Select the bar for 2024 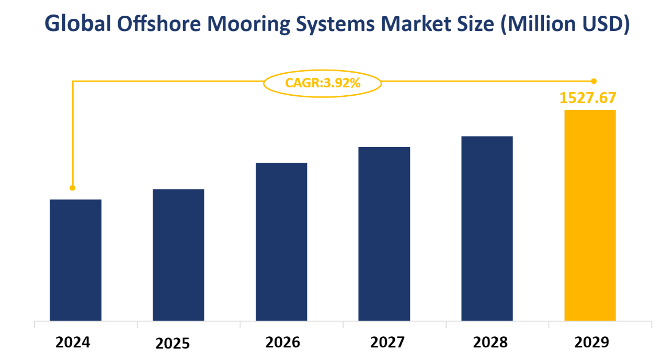click(75, 260)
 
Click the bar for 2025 click(178, 255)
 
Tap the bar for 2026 click(281, 242)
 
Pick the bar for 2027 click(384, 234)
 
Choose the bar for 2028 click(487, 229)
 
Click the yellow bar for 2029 click(590, 215)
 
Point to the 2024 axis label click(73, 342)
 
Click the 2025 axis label click(173, 344)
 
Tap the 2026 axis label click(282, 342)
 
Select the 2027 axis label click(387, 342)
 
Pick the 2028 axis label click(490, 342)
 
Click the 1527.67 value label click(588, 98)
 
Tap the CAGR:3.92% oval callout click(322, 83)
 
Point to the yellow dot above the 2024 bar click(73, 188)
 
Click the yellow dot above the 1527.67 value click(593, 81)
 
